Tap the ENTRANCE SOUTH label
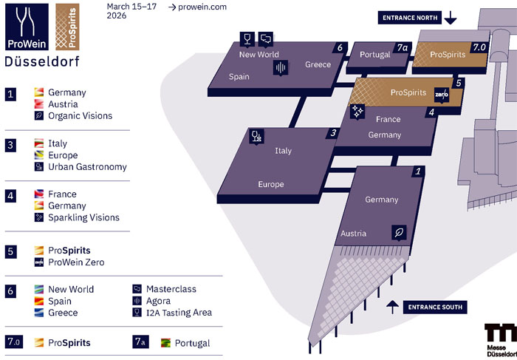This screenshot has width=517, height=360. click(x=435, y=306)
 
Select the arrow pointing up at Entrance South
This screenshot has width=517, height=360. click(x=392, y=305)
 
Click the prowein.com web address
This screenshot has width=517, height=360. click(x=196, y=7)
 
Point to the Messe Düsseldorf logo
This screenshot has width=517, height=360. click(x=500, y=341)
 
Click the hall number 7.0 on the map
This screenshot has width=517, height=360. click(x=479, y=47)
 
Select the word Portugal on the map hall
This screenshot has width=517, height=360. click(x=375, y=55)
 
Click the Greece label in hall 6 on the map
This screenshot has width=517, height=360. click(x=318, y=65)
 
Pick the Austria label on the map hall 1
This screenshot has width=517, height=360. click(x=353, y=234)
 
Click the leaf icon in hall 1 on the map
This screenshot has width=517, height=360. click(x=400, y=233)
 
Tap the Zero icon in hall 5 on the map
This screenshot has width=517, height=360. click(x=442, y=96)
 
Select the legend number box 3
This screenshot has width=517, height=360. click(x=11, y=144)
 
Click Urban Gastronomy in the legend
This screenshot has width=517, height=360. click(x=87, y=167)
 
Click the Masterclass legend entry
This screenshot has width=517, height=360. click(x=171, y=289)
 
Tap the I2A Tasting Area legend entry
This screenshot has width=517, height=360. click(x=179, y=313)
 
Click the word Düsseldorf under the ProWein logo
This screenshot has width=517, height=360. click(x=41, y=62)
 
